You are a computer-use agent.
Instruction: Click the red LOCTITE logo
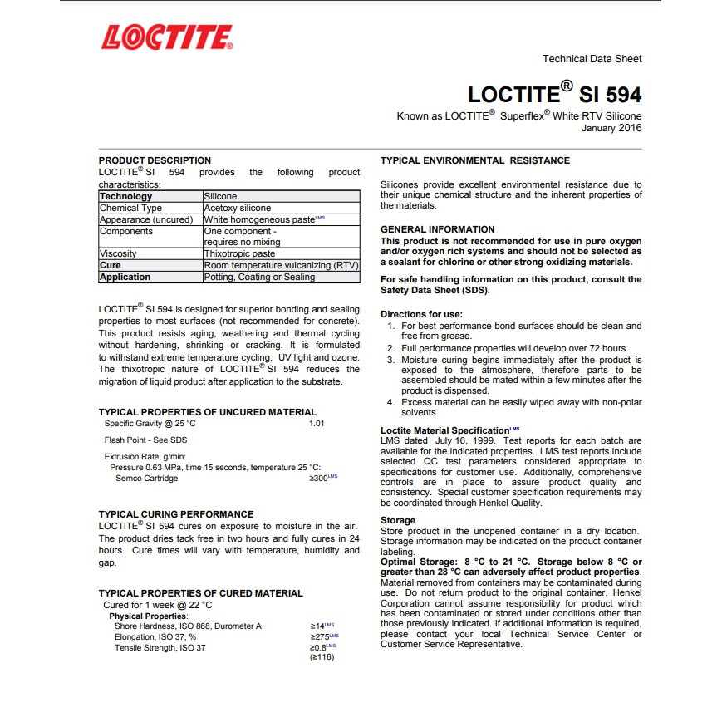[166, 38]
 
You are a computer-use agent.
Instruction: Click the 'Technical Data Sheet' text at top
[592, 59]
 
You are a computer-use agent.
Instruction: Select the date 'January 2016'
[611, 128]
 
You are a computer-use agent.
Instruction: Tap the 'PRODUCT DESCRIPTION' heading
[155, 160]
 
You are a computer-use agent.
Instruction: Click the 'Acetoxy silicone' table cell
[238, 208]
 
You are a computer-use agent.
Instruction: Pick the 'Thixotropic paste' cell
[240, 253]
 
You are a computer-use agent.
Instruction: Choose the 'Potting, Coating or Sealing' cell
[259, 277]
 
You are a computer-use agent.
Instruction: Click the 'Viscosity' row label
[118, 253]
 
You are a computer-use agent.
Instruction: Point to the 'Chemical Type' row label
[130, 208]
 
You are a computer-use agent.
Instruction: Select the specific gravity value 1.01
[317, 424]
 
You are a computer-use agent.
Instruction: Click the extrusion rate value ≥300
[321, 479]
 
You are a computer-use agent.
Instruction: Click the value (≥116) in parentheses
[321, 657]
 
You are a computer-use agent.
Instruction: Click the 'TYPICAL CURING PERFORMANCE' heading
[176, 514]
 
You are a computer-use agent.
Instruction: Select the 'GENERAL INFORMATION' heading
[437, 229]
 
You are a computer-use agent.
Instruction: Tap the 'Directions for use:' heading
[421, 314]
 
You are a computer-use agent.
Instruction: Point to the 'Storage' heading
[397, 520]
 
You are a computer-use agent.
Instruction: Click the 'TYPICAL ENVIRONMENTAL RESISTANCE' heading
[474, 160]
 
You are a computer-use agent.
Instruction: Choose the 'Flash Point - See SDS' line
[145, 440]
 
